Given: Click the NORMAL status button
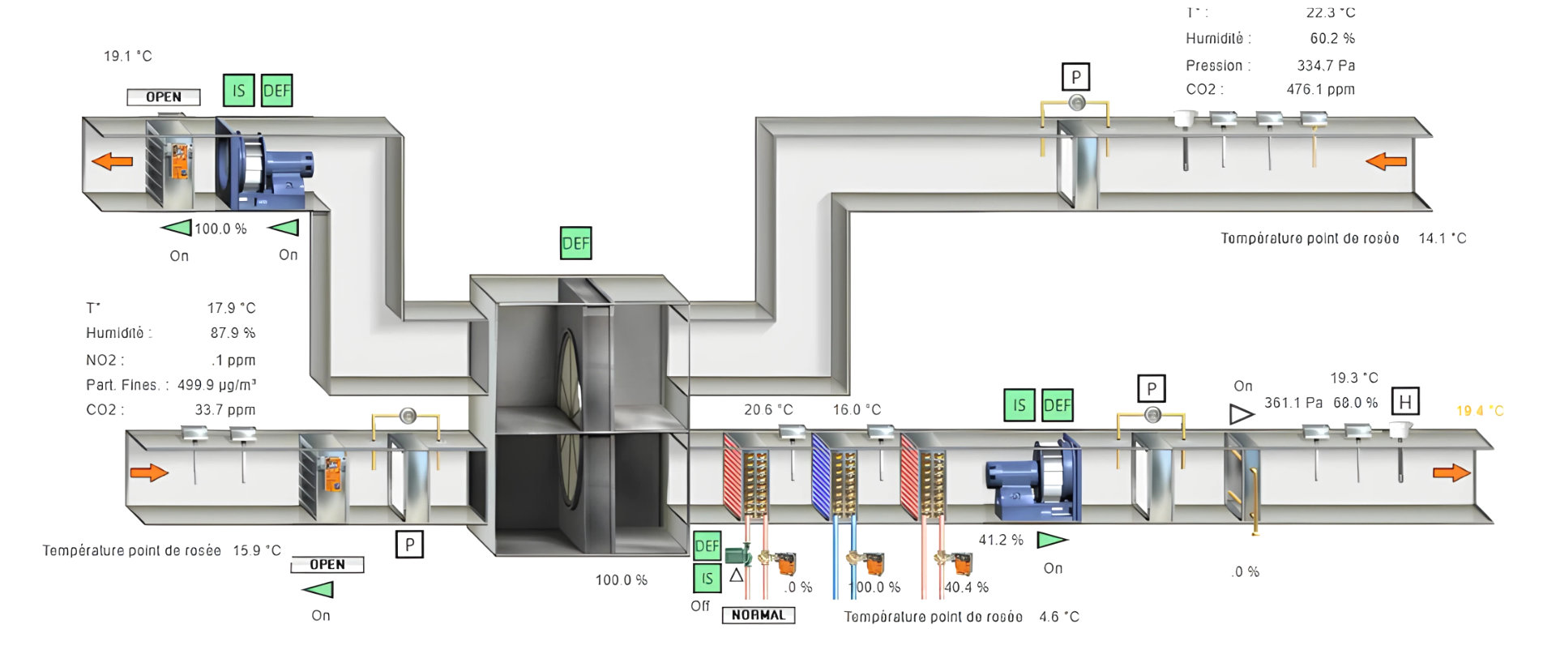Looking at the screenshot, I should (x=758, y=615).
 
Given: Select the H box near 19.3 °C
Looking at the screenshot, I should (x=1404, y=402).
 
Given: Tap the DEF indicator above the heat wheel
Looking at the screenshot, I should (x=575, y=243).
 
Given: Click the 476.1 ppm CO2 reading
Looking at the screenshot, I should (x=1320, y=89).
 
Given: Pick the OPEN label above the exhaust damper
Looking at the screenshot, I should (x=164, y=97).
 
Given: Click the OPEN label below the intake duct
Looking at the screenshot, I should (x=327, y=565).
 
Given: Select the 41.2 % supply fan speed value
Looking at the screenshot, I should (x=1001, y=540).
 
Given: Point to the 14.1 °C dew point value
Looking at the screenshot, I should (x=1442, y=238).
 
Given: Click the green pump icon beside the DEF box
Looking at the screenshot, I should (x=737, y=555).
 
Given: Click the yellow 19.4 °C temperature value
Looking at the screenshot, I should (x=1479, y=411).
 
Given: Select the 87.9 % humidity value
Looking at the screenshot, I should (x=233, y=333).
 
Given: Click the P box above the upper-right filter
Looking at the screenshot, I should (x=1075, y=78).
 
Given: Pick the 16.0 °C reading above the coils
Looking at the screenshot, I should (x=857, y=410).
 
